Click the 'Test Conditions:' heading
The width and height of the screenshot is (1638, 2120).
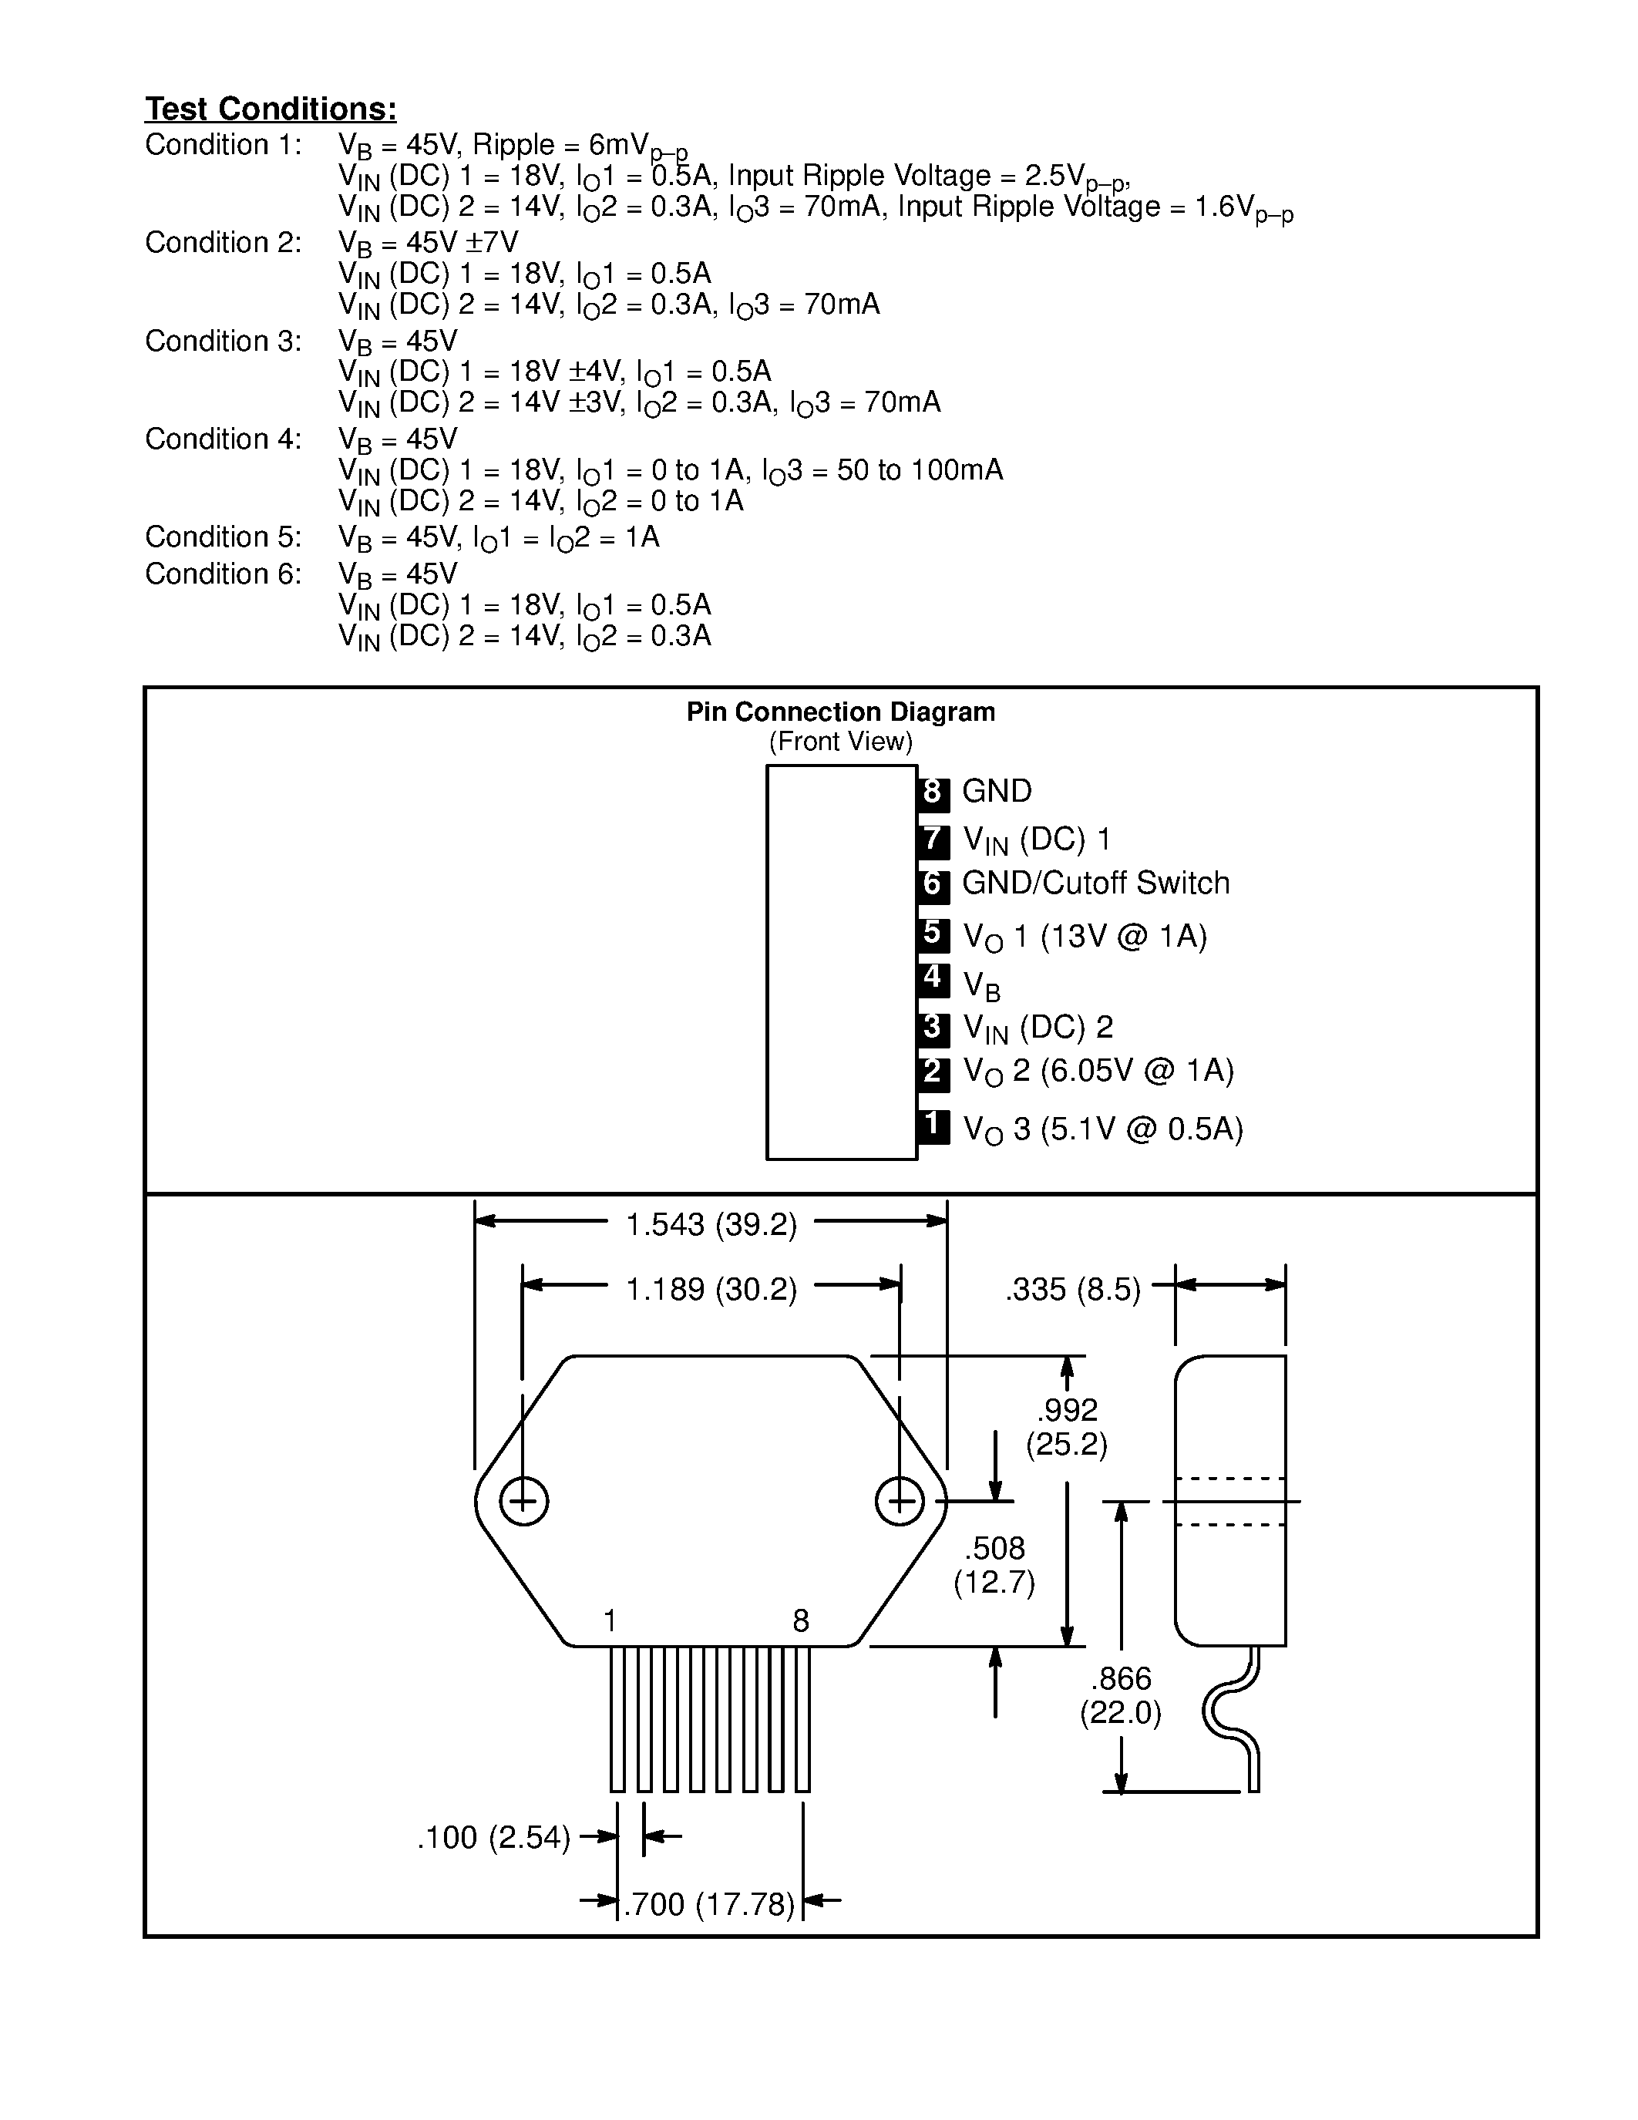[271, 109]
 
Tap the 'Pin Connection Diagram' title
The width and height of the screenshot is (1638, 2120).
[840, 712]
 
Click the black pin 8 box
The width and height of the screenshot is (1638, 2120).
[933, 792]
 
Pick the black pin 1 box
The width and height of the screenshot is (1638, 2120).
[933, 1125]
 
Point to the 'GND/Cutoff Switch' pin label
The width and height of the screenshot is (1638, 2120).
[1095, 883]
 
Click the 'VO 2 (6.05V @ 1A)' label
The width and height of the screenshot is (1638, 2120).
[1098, 1072]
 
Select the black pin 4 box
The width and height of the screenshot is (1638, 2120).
[933, 978]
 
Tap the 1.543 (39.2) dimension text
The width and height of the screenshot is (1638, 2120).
[711, 1225]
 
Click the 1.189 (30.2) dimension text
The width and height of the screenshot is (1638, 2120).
[711, 1290]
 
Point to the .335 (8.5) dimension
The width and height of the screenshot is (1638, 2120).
[1073, 1290]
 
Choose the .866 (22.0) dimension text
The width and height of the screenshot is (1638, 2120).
[1121, 1696]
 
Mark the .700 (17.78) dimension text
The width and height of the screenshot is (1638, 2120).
[708, 1904]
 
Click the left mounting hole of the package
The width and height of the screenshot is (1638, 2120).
[523, 1502]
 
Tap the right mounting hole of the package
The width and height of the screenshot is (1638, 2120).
[900, 1502]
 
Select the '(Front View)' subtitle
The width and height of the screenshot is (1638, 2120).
[840, 742]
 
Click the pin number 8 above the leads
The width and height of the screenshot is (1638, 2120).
[801, 1620]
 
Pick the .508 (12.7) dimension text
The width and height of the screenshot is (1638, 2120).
[994, 1566]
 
